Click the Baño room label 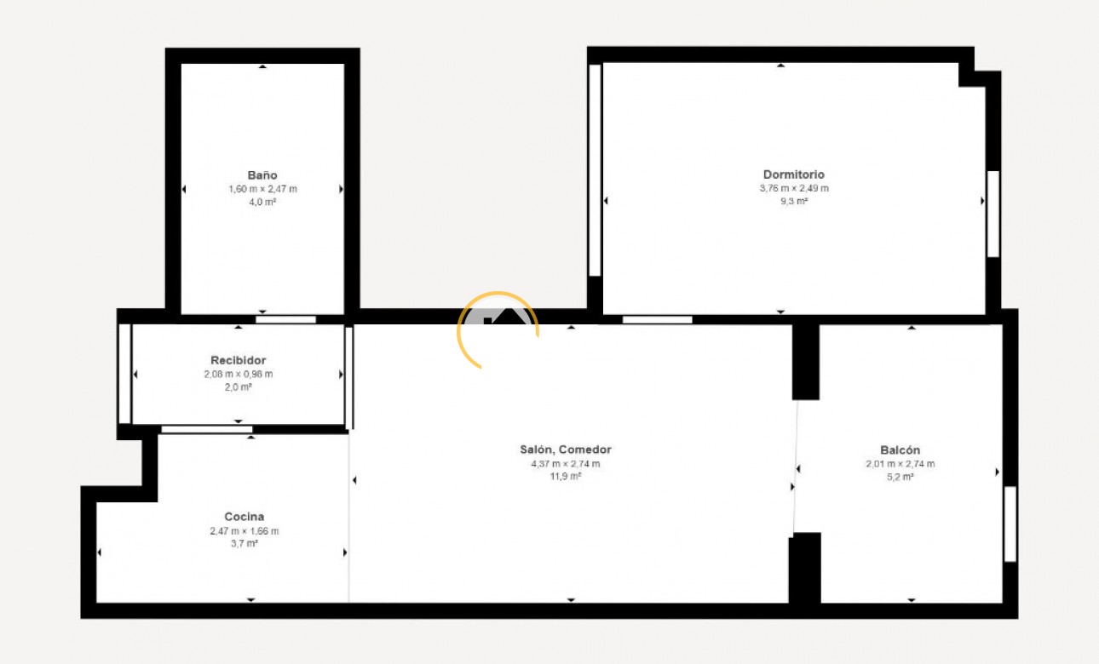pos(262,175)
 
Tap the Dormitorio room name pos(794,175)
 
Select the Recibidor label pos(239,360)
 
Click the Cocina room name pos(245,517)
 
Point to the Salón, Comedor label pos(566,449)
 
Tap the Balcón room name pos(900,450)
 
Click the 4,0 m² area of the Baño pos(262,202)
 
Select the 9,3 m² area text pos(794,202)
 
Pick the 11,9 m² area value pos(566,477)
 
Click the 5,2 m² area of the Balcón pos(900,478)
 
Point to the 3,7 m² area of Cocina pos(245,544)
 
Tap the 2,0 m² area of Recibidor pos(239,386)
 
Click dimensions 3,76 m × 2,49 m pos(794,188)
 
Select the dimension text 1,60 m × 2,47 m pos(262,189)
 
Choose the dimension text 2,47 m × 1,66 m pos(245,531)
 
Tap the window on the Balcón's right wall pos(1010,524)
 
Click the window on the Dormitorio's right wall pos(993,214)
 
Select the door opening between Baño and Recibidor pos(286,319)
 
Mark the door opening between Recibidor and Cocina pos(207,429)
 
